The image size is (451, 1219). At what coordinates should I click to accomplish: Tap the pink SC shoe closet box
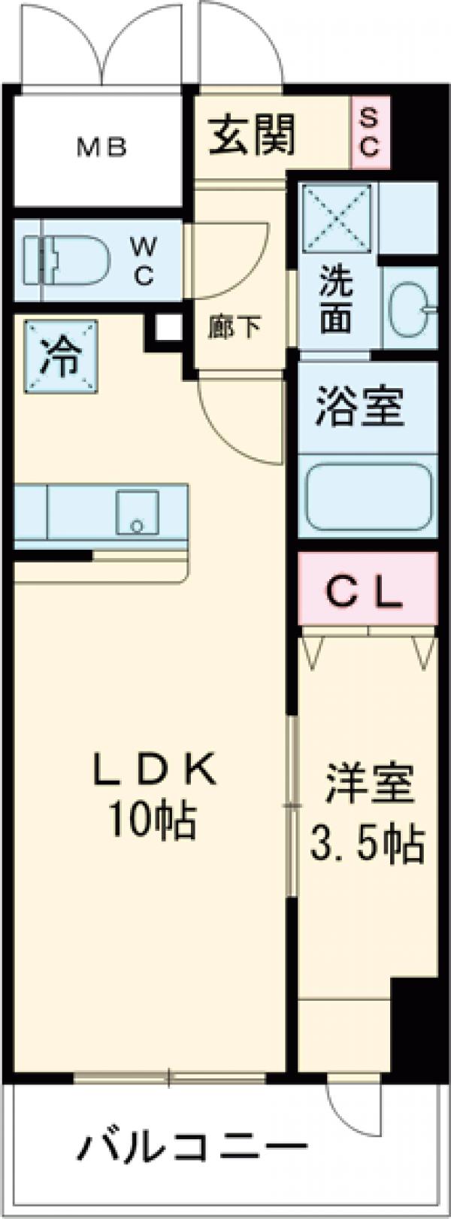[x=368, y=132]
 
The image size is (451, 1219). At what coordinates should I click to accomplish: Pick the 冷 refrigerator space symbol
[x=60, y=356]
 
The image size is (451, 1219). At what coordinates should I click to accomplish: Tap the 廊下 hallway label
[x=235, y=328]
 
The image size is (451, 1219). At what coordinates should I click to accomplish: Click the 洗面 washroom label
[x=336, y=300]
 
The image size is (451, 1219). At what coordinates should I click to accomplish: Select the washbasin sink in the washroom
[x=411, y=308]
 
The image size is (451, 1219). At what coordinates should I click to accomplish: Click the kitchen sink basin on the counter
[x=137, y=512]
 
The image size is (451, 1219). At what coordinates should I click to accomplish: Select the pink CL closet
[x=368, y=589]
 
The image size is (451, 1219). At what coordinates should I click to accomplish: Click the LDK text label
[x=154, y=770]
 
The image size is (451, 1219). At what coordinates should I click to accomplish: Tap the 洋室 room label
[x=368, y=785]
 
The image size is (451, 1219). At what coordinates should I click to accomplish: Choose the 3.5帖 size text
[x=368, y=843]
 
